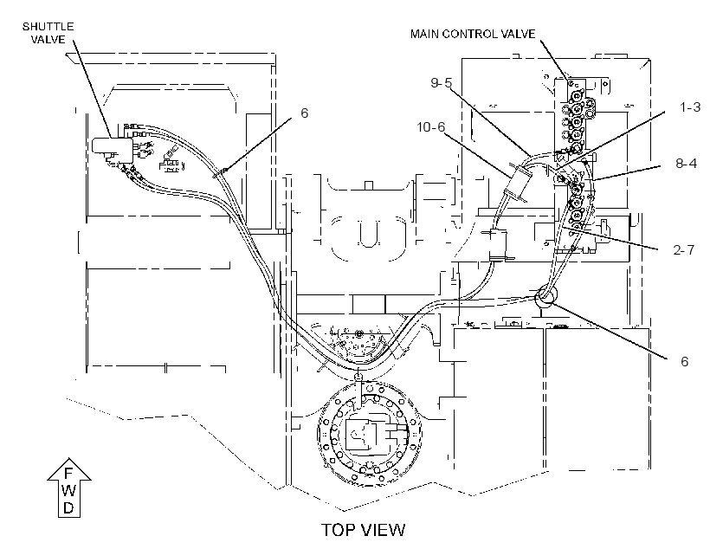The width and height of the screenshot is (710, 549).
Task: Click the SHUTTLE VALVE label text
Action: pyautogui.click(x=48, y=33)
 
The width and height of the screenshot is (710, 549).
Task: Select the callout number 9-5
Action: pyautogui.click(x=441, y=83)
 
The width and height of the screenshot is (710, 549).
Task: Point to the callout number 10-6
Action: pyautogui.click(x=430, y=127)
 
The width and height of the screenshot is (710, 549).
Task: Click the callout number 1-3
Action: pyautogui.click(x=690, y=107)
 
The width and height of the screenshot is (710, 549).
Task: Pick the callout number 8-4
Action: pyautogui.click(x=686, y=163)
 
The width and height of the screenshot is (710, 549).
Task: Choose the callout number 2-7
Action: pyautogui.click(x=683, y=249)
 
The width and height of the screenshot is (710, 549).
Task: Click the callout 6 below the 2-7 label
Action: pyautogui.click(x=684, y=361)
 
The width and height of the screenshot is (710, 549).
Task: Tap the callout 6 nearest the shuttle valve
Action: pyautogui.click(x=304, y=113)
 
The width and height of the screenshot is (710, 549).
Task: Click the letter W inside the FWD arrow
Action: pyautogui.click(x=68, y=491)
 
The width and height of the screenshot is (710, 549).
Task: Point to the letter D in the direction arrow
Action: pyautogui.click(x=68, y=507)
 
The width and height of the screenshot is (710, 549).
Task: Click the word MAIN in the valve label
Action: pyautogui.click(x=424, y=34)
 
